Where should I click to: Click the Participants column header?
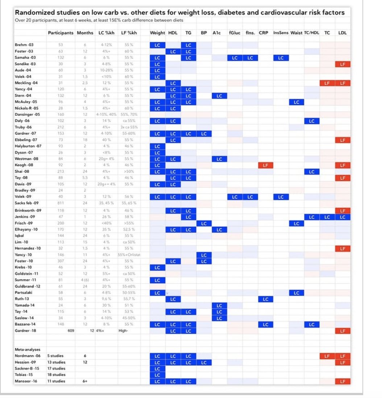click(x=61, y=33)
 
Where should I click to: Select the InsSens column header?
click(x=281, y=33)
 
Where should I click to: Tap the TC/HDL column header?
click(x=311, y=33)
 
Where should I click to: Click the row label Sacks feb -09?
click(x=28, y=203)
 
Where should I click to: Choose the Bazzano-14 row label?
click(x=26, y=325)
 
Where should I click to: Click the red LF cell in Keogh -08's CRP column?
click(x=266, y=165)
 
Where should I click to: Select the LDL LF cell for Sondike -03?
click(x=342, y=64)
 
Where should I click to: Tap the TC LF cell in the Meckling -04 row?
click(x=327, y=83)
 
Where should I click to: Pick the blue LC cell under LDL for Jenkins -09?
click(x=342, y=217)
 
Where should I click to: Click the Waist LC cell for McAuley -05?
click(x=296, y=102)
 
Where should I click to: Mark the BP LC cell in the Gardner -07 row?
click(x=204, y=134)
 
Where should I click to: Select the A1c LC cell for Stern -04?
click(x=219, y=96)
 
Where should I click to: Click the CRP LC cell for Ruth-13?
click(x=266, y=299)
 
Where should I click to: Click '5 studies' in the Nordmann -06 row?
click(x=55, y=356)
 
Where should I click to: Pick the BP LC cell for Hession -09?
click(x=204, y=363)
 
